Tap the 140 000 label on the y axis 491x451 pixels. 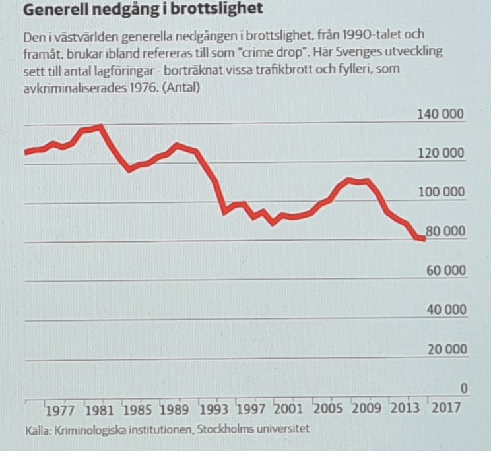click(x=441, y=115)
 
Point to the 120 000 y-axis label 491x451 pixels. click(x=441, y=154)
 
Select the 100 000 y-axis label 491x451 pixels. click(x=441, y=193)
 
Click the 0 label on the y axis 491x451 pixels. click(x=463, y=389)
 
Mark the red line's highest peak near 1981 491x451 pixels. click(x=100, y=127)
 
